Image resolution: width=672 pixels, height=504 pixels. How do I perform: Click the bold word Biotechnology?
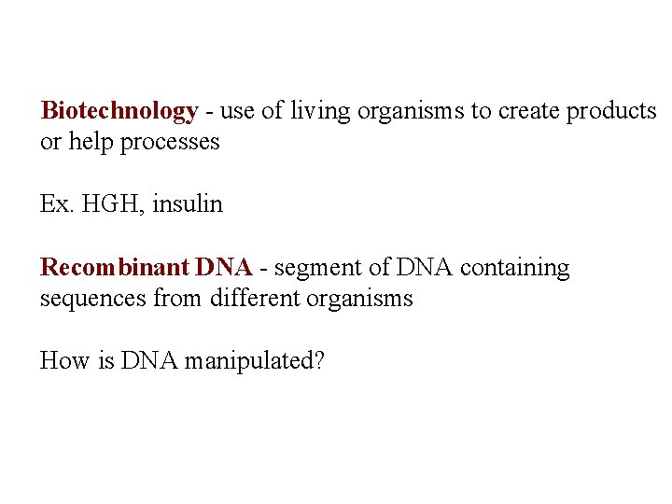pos(119,112)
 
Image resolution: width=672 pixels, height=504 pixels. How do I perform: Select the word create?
pos(526,112)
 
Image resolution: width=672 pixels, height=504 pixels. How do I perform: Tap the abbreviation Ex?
pos(56,204)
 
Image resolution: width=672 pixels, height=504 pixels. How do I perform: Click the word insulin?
pos(188,204)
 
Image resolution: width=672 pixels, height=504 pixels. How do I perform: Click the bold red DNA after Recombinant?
pos(224,268)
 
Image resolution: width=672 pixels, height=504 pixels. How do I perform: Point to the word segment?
pos(316,269)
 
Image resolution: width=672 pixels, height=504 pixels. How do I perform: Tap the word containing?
pos(514,268)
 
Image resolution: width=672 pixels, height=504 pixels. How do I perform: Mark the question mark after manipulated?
pos(319,360)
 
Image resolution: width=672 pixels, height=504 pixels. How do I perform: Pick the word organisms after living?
pos(408,112)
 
